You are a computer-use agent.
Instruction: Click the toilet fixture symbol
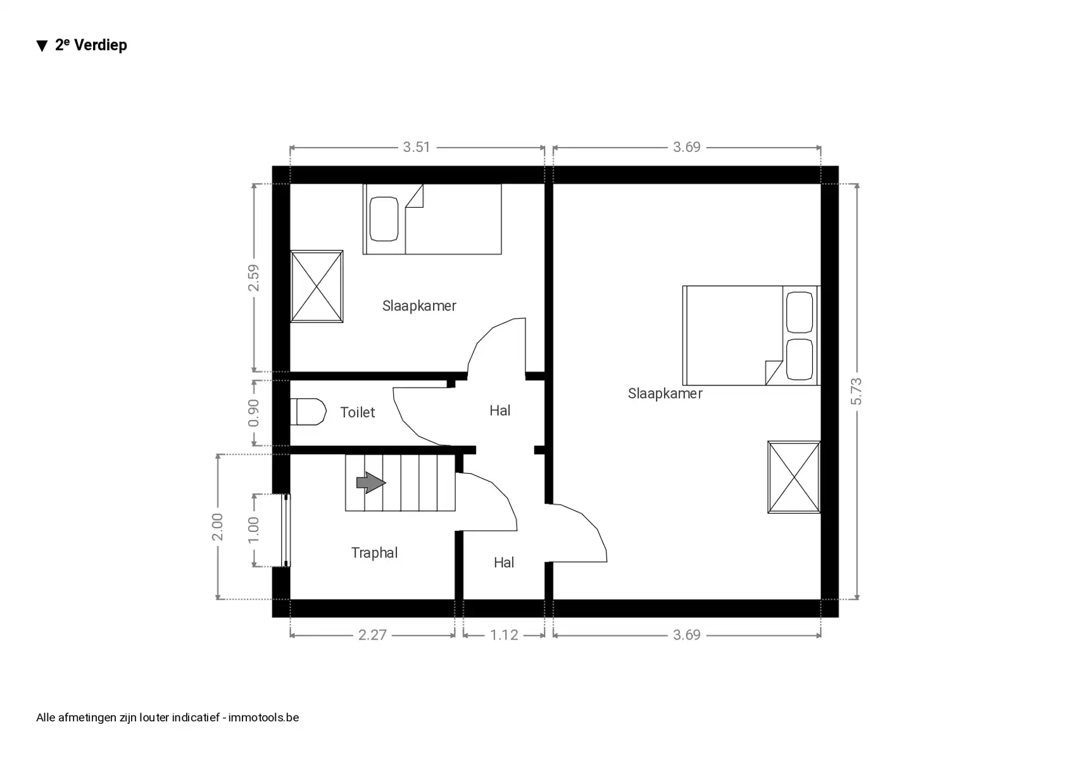coord(309,412)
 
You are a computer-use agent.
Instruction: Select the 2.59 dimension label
coord(253,278)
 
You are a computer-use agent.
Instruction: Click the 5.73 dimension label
coord(856,391)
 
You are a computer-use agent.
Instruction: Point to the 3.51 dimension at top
coord(417,147)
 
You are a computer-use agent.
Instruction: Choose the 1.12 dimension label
coord(504,635)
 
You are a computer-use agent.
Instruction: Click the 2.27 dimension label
coord(372,635)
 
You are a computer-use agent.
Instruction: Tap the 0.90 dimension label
coord(253,413)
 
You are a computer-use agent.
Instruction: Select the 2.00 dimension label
coord(217,527)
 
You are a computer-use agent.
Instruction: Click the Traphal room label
coord(374,553)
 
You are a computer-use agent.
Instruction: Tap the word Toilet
coord(358,412)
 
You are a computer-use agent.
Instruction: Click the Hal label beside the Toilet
coord(500,410)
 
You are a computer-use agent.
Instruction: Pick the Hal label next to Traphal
coord(503,562)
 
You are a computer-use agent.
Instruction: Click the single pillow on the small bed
coord(384,219)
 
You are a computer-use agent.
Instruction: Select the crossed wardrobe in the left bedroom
coord(317,286)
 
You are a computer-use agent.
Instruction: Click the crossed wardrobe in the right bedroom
coord(794,477)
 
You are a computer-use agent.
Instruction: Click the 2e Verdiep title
coord(91,45)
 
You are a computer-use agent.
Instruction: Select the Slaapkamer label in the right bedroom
coord(665,393)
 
